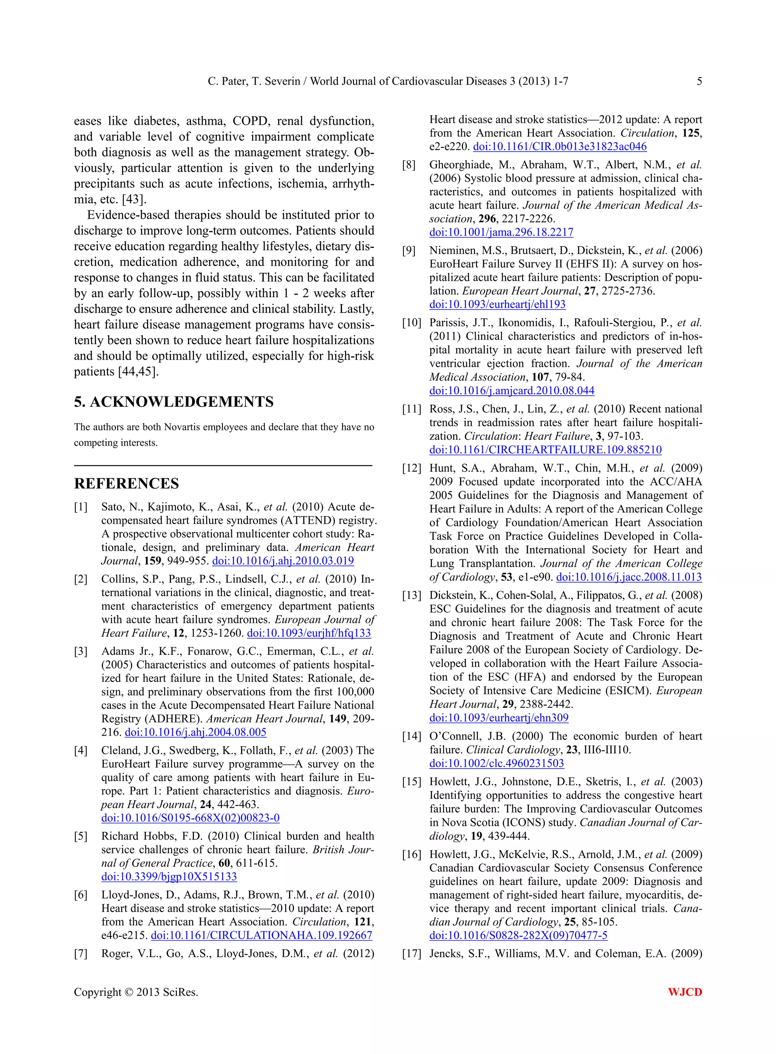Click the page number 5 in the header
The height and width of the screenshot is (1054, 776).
click(699, 81)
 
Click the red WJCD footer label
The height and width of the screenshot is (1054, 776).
click(685, 991)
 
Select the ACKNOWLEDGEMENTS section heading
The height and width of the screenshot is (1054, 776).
click(174, 402)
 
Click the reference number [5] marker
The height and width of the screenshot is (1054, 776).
click(81, 836)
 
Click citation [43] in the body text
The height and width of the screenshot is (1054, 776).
click(134, 199)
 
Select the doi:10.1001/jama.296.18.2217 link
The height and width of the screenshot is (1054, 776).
click(501, 232)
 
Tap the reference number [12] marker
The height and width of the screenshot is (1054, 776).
click(411, 468)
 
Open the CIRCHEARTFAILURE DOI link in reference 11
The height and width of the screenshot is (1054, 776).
click(545, 450)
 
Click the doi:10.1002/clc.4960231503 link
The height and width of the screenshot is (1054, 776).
click(496, 763)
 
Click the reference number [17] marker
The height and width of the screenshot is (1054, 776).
click(411, 954)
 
